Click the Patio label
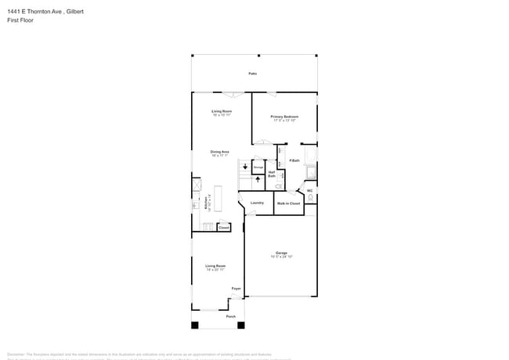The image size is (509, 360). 253,74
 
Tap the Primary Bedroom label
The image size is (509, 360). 283,117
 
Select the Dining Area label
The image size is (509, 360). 219,152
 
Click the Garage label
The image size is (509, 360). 280,253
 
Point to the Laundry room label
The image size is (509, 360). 257,203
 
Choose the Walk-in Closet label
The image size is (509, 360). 288,203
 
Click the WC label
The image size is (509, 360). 309,190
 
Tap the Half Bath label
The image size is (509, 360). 272,174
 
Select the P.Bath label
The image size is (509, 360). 294,160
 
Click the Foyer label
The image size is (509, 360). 236,288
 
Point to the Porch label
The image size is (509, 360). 231,316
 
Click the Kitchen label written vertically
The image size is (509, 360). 206,203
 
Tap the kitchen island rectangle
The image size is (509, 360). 218,198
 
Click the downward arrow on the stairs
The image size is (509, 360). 245,167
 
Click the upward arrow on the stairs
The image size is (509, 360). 258,179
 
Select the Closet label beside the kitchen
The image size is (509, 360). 223,227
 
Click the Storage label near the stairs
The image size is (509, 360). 258,167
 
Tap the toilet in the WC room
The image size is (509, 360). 310,199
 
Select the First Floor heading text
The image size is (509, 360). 20,20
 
